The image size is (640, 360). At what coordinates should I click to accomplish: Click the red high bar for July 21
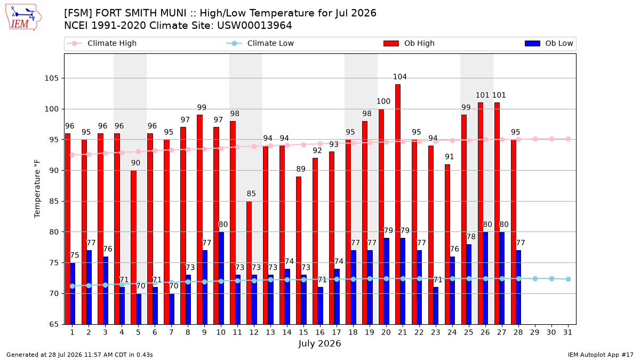[x=398, y=204]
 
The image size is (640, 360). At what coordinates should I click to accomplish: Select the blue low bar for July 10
[x=221, y=278]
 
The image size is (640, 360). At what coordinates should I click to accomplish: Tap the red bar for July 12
[x=249, y=263]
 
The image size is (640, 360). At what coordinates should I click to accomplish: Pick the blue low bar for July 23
[x=436, y=306]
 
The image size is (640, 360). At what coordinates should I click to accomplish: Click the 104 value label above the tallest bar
[x=399, y=77]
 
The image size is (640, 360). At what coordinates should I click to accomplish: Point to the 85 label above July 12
[x=251, y=194]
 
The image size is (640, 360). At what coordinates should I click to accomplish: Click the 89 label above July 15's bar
[x=301, y=169]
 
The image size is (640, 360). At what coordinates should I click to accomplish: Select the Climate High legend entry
[x=102, y=43]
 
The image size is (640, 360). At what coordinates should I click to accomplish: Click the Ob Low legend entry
[x=549, y=43]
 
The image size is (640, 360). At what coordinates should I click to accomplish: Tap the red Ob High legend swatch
[x=391, y=43]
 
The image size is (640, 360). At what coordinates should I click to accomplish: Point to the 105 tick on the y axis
[x=51, y=78]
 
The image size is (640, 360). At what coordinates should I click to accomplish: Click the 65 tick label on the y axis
[x=54, y=325]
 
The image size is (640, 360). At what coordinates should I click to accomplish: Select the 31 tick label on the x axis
[x=567, y=332]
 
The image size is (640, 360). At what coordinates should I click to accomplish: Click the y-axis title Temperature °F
[x=37, y=189]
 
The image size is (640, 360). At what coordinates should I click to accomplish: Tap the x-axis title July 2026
[x=319, y=343]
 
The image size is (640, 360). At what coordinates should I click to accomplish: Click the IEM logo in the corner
[x=23, y=18]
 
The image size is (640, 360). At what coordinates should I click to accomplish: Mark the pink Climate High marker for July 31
[x=569, y=139]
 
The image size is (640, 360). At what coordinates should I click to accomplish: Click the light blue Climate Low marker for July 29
[x=535, y=278]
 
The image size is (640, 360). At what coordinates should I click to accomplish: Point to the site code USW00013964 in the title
[x=254, y=26]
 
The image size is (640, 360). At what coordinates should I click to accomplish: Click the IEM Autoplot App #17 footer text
[x=601, y=355]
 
